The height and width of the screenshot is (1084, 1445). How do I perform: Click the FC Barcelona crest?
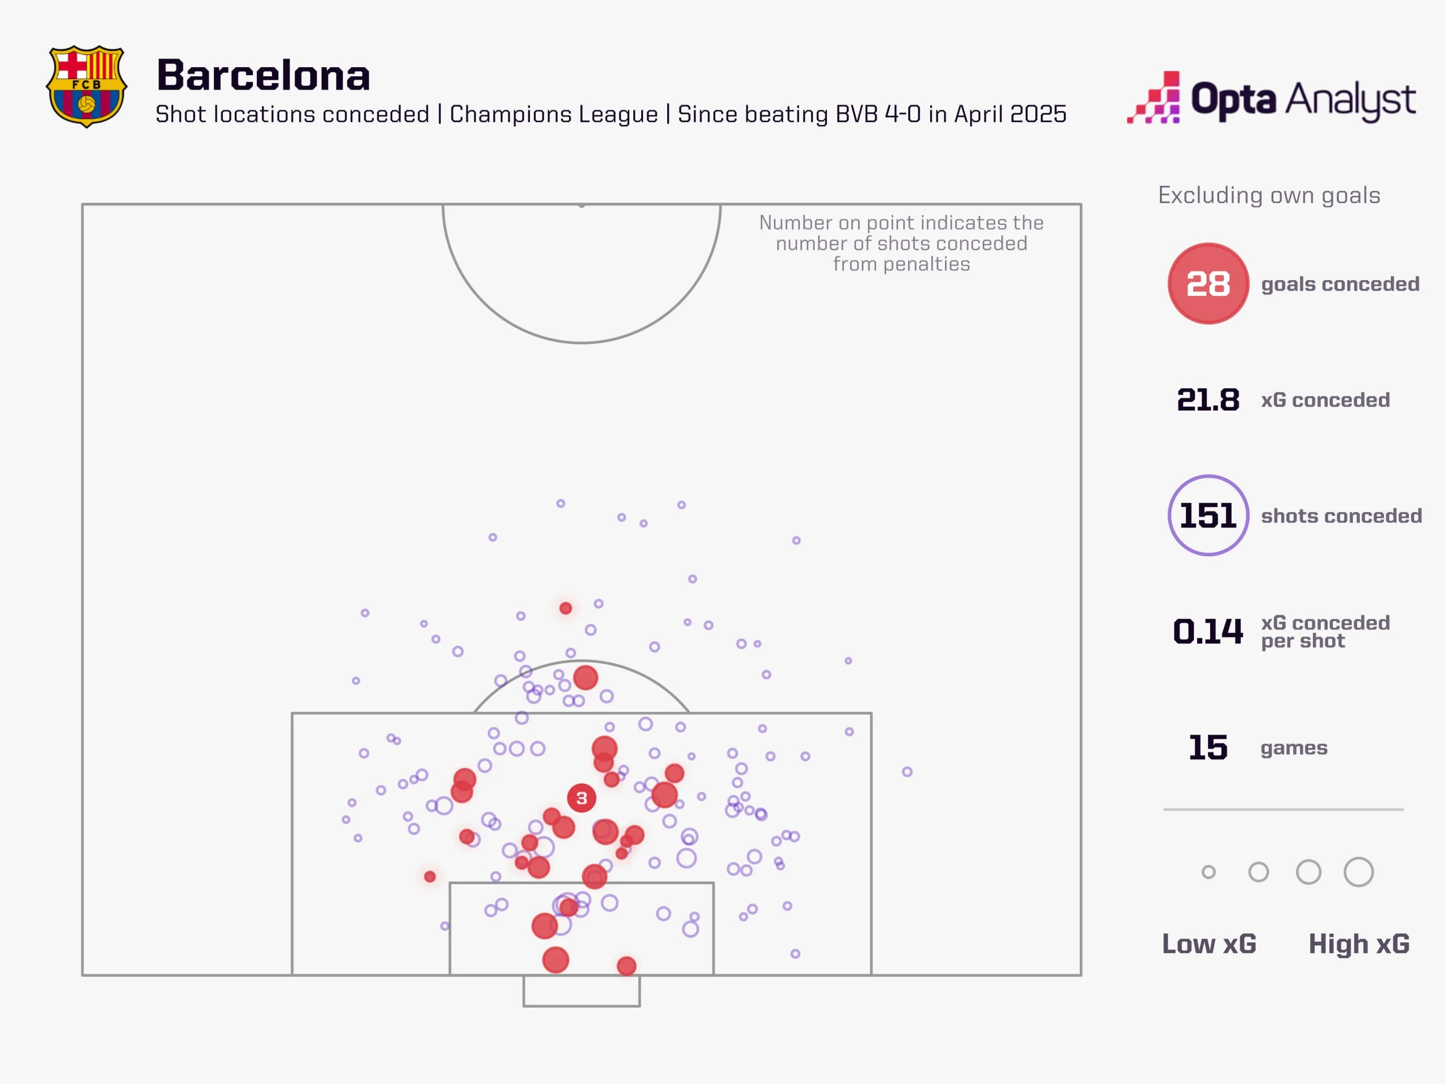[x=86, y=86]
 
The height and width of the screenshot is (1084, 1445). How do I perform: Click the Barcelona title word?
[x=263, y=75]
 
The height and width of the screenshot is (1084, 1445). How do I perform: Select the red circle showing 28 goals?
[x=1208, y=283]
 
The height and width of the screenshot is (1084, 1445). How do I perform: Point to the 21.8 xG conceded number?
[x=1208, y=400]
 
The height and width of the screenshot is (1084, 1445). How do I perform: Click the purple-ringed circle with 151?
[x=1208, y=515]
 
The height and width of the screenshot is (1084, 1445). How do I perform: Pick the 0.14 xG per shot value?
[x=1208, y=631]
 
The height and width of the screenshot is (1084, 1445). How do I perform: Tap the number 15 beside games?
[x=1208, y=748]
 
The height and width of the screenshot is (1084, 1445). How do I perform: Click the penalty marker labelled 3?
[x=581, y=798]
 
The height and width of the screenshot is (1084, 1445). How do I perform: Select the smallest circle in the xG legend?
[x=1208, y=872]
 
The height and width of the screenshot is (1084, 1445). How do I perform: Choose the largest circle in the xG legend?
[x=1359, y=872]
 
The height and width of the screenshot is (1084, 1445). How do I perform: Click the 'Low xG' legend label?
[x=1209, y=944]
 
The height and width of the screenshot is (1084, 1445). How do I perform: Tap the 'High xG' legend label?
[x=1359, y=944]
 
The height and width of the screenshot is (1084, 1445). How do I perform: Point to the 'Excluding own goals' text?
[x=1269, y=195]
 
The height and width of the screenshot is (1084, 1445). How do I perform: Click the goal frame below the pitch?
[x=581, y=991]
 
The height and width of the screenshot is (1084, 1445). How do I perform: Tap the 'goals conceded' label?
[x=1340, y=284]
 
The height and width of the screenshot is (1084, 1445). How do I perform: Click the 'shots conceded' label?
[x=1341, y=516]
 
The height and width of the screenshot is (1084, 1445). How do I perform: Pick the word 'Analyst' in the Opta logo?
[x=1351, y=100]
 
